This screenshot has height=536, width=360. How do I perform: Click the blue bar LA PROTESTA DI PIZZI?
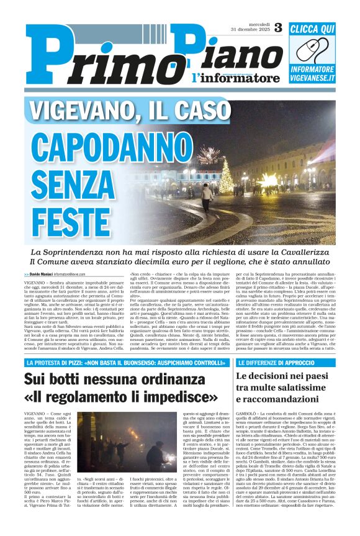pos(125,363)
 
